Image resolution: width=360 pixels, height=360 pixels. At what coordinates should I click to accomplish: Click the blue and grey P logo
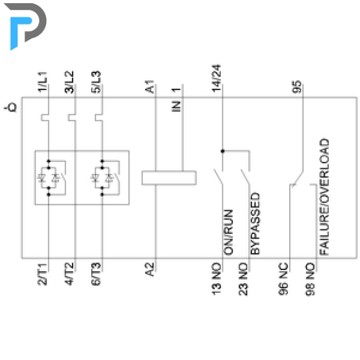click(x=25, y=26)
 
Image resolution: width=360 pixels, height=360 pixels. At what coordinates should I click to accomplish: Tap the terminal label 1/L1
click(x=43, y=82)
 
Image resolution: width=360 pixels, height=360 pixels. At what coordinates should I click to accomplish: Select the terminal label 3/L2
click(x=70, y=82)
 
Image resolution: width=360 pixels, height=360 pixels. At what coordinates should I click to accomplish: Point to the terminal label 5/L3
click(x=96, y=82)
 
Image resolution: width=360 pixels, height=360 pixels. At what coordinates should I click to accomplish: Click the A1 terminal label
click(x=150, y=86)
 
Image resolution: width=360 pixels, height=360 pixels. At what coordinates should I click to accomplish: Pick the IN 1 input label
click(x=176, y=99)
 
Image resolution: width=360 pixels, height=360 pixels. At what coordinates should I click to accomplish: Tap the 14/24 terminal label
click(x=216, y=79)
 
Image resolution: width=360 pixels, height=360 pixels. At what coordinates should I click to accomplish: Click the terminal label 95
click(x=297, y=87)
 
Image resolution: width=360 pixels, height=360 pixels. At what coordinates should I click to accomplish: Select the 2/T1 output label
click(x=43, y=274)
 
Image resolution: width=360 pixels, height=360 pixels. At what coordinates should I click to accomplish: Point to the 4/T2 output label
click(x=70, y=274)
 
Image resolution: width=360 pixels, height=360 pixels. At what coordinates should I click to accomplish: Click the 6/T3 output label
click(x=96, y=274)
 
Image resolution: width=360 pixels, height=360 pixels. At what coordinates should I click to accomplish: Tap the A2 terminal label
click(x=150, y=269)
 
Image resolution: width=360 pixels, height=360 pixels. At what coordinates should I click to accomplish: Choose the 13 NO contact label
click(x=216, y=279)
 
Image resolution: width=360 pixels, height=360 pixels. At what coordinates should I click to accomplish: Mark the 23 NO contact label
click(x=243, y=279)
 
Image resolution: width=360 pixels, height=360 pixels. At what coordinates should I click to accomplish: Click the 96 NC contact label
click(x=283, y=279)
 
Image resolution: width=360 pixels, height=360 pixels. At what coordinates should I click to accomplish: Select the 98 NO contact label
click(x=310, y=279)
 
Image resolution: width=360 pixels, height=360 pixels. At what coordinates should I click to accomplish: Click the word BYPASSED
click(x=255, y=223)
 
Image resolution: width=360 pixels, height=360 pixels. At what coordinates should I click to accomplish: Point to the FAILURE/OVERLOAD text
click(x=325, y=197)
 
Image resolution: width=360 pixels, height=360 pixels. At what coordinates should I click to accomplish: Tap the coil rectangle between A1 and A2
click(x=169, y=178)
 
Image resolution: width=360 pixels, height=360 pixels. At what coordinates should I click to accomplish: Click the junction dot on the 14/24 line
click(x=222, y=151)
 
